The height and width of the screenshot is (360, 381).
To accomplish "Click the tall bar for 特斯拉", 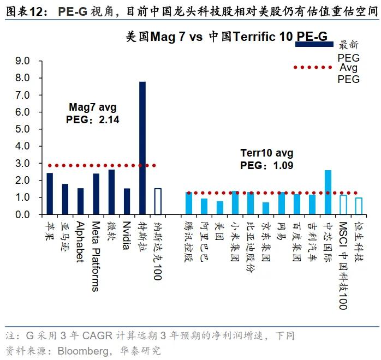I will pos(142,148).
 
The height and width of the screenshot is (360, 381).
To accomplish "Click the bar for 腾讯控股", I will pos(189,203).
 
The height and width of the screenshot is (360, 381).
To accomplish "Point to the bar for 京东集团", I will pos(266,208).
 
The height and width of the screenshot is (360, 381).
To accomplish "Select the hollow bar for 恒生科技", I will pos(359,206).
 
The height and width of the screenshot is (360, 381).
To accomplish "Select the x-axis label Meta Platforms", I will pos(96,256).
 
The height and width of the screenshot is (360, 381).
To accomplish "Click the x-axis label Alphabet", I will pos(80,242).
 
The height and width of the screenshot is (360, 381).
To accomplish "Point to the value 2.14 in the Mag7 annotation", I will pos(109,119).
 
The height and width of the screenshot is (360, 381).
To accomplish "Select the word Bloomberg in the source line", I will pos(82,350).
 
